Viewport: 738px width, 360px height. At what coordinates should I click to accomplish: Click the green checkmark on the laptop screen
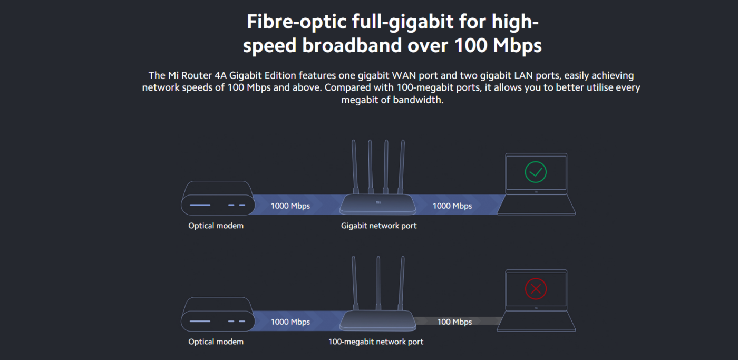tap(536, 172)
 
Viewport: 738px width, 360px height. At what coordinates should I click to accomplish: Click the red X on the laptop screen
tap(536, 288)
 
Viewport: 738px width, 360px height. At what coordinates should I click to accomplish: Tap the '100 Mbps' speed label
tap(454, 322)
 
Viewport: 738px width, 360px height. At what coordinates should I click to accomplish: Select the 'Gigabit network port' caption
tap(378, 226)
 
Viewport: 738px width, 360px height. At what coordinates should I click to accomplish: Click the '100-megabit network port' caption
tap(375, 342)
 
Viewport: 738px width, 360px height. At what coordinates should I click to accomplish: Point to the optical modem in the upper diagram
tap(218, 198)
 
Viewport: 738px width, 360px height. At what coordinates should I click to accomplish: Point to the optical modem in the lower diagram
tap(218, 314)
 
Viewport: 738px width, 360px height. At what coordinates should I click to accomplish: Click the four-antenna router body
tap(377, 204)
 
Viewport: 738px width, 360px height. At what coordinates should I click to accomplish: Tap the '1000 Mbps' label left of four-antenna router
tap(290, 206)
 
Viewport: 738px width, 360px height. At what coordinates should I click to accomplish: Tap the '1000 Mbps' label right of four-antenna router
tap(452, 206)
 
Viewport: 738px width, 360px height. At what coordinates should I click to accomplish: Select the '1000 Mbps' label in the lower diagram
tap(290, 322)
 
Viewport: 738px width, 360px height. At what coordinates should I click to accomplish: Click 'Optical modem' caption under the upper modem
tap(216, 226)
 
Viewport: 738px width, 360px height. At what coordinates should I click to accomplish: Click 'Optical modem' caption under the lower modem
tap(216, 342)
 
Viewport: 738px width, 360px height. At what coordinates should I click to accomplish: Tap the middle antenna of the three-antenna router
tap(378, 282)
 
